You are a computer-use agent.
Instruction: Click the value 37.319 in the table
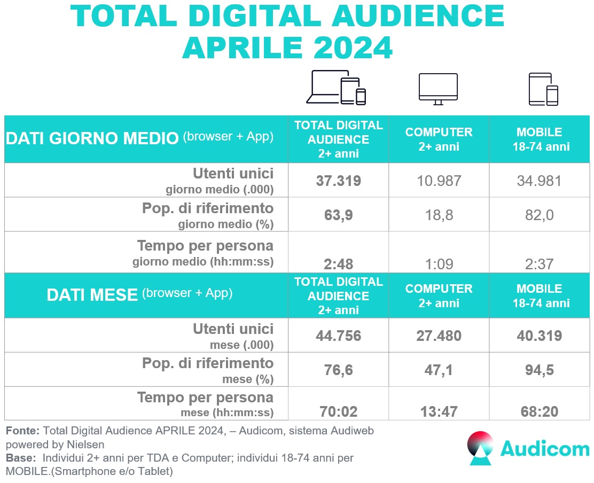pyautogui.click(x=339, y=181)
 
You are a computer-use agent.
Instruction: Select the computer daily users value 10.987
pyautogui.click(x=439, y=181)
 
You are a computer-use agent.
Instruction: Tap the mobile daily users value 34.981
pyautogui.click(x=540, y=181)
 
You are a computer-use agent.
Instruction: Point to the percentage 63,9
pyautogui.click(x=339, y=215)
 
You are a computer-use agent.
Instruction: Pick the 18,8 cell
pyautogui.click(x=439, y=215)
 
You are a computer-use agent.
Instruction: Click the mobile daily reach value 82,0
pyautogui.click(x=540, y=215)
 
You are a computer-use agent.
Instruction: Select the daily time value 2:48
pyautogui.click(x=339, y=263)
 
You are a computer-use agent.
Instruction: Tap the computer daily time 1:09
pyautogui.click(x=439, y=263)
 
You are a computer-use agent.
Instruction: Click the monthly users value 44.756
pyautogui.click(x=339, y=336)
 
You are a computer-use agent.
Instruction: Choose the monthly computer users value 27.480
pyautogui.click(x=439, y=336)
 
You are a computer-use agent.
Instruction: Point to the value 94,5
pyautogui.click(x=540, y=370)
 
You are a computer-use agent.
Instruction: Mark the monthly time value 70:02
pyautogui.click(x=339, y=412)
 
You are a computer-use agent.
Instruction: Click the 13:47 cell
pyautogui.click(x=439, y=412)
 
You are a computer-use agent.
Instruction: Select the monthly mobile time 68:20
pyautogui.click(x=540, y=412)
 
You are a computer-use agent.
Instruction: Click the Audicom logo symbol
pyautogui.click(x=480, y=448)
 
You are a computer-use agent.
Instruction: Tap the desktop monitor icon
pyautogui.click(x=438, y=89)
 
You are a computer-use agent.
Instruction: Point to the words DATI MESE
pyautogui.click(x=92, y=294)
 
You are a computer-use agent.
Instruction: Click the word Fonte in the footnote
pyautogui.click(x=22, y=431)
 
